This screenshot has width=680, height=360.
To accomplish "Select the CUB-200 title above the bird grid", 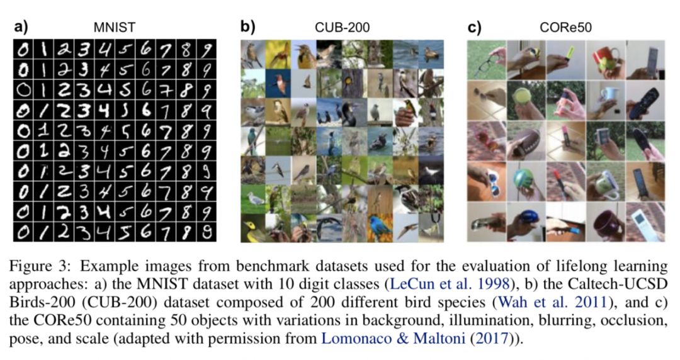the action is pyautogui.click(x=342, y=27).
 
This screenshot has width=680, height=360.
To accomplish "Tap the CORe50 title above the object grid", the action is pyautogui.click(x=565, y=27).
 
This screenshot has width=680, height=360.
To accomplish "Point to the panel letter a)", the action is pyautogui.click(x=21, y=26).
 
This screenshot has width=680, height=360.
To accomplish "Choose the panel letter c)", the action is pyautogui.click(x=473, y=26).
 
